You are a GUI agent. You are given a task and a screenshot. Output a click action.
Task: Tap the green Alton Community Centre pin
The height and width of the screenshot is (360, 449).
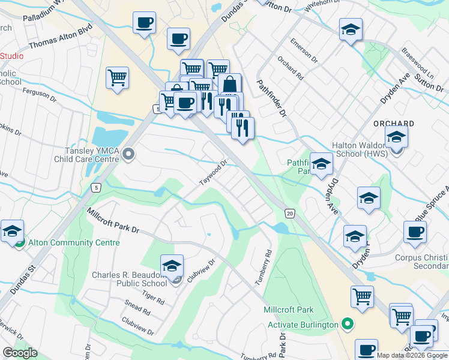(x=19, y=242)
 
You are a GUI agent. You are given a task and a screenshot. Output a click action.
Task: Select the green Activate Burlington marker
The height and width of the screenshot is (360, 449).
(x=347, y=325)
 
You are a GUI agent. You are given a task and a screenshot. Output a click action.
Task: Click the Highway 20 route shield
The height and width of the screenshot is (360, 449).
(x=290, y=213)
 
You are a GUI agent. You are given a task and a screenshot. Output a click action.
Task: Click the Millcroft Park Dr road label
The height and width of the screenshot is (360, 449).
(x=113, y=221)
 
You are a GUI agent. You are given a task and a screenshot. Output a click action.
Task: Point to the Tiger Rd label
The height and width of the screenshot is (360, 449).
(x=152, y=297)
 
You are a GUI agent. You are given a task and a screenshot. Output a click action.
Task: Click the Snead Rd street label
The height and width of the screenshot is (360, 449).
(x=138, y=309)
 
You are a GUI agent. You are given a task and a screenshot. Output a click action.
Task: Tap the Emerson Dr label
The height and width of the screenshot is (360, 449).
(x=304, y=51)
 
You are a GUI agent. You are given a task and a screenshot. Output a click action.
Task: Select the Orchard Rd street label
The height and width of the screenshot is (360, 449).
(x=290, y=69)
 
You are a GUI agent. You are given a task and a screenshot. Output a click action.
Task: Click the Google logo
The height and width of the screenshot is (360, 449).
(x=20, y=353)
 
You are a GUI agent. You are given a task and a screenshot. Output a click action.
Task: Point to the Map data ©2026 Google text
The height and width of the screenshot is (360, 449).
(x=412, y=355)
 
